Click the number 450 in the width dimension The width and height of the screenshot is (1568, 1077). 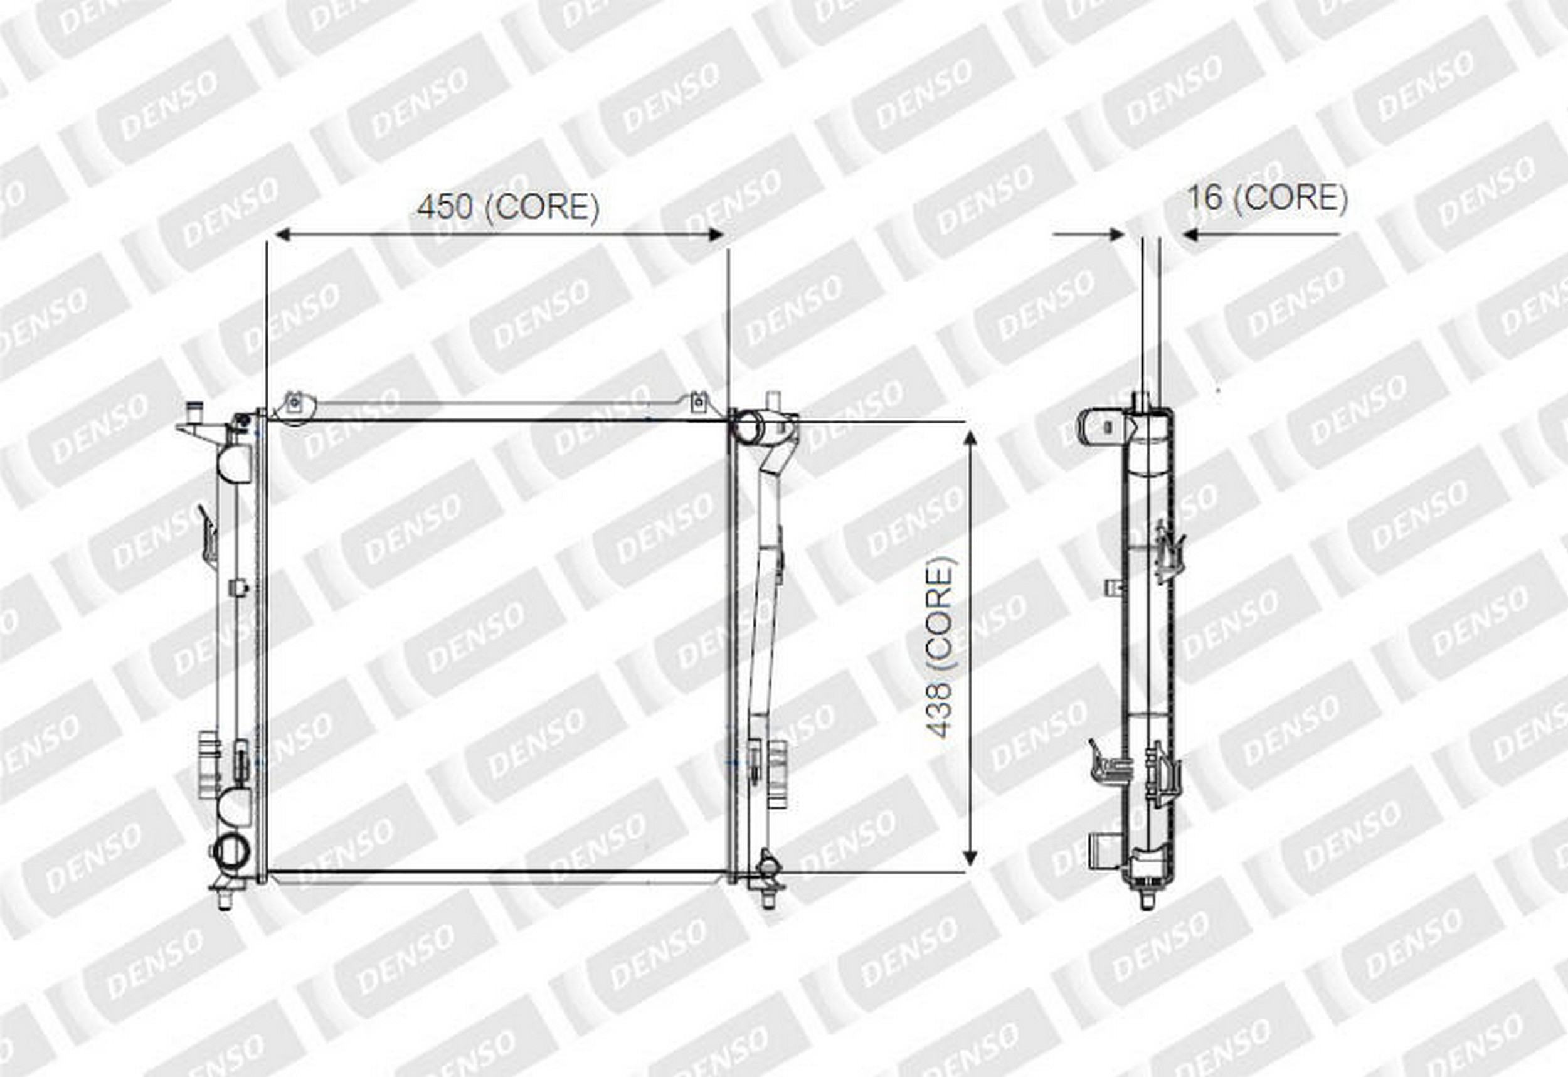(445, 206)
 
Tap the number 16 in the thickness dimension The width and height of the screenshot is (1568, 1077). (1204, 197)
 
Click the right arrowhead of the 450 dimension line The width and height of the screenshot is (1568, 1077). (715, 234)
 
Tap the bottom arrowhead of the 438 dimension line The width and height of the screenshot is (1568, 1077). (970, 857)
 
